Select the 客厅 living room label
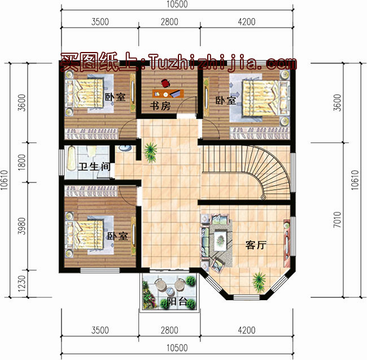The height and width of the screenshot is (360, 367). coord(256,245)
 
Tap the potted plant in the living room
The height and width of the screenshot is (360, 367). coord(259,279)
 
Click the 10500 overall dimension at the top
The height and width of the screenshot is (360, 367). coord(178,5)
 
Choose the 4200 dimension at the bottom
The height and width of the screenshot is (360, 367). coord(246,331)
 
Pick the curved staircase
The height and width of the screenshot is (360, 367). coord(248,170)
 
